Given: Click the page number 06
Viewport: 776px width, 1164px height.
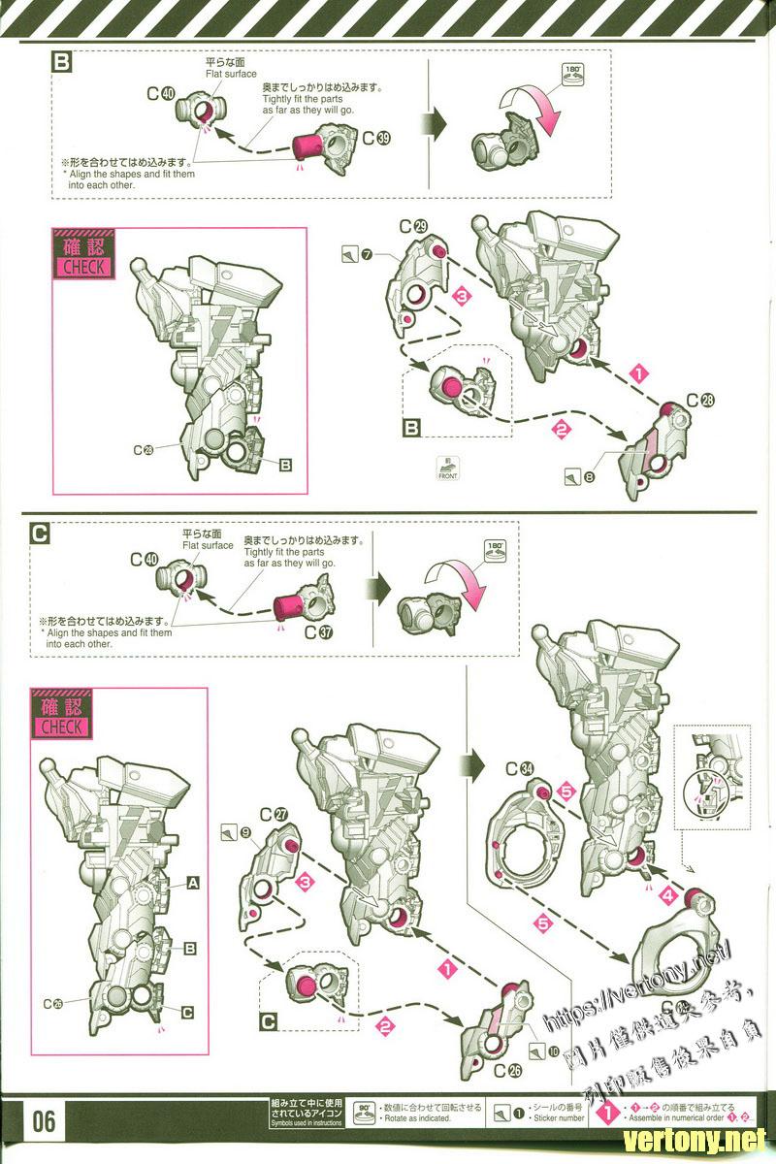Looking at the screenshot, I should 44,1122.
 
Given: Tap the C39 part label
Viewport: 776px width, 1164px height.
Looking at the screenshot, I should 376,139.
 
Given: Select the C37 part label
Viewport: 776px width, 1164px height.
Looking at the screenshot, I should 316,631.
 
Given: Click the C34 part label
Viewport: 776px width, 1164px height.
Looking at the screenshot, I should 519,769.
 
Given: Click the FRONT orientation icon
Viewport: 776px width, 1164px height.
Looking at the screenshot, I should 447,469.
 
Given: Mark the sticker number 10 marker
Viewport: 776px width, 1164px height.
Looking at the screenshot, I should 540,1051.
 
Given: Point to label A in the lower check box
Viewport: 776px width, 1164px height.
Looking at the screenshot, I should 192,883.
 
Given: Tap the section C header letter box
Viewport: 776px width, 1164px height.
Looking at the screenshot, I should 40,533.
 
